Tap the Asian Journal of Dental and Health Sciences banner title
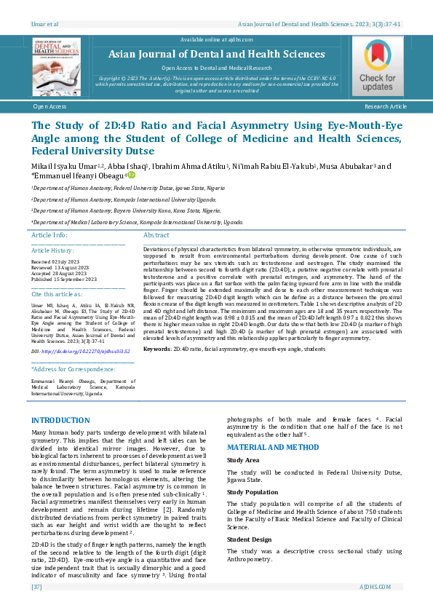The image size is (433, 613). click(216, 55)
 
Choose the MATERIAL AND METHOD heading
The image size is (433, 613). click(273, 447)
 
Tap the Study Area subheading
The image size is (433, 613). click(243, 460)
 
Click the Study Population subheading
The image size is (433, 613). click(253, 492)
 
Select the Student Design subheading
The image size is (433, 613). click(249, 539)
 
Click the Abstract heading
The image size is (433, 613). click(156, 235)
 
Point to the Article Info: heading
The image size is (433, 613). click(49, 235)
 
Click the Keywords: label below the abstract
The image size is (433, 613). click(157, 349)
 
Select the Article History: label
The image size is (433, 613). click(52, 250)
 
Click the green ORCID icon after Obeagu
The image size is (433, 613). click(132, 175)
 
